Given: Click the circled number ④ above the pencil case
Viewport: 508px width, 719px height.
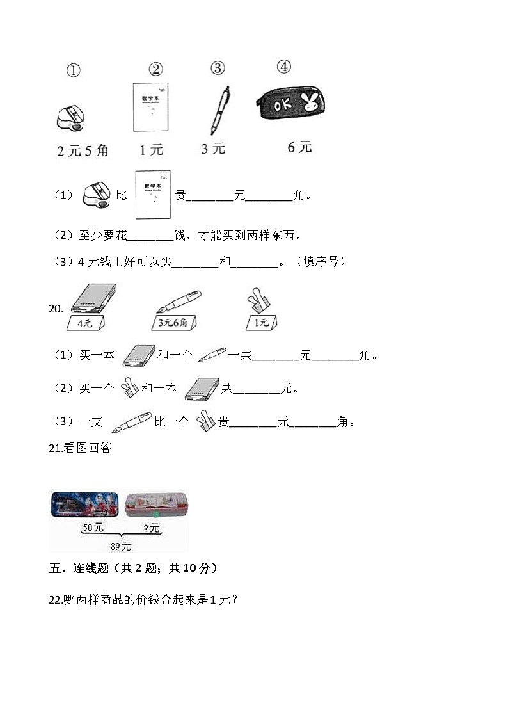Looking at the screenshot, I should pos(283,67).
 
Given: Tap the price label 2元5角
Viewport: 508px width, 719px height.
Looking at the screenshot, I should pos(83,151).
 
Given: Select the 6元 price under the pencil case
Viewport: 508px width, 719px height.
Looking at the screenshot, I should pos(299,147).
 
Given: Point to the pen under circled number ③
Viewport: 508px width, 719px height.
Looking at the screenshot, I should pos(220,110).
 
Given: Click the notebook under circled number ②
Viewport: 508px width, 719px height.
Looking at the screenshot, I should pos(150,107).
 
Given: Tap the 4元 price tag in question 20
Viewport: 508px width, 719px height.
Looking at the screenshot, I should pos(84,323).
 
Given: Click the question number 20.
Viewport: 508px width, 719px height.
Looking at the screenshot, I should pos(56,309).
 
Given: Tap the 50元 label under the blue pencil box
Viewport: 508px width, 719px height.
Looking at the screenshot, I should pos(93,528).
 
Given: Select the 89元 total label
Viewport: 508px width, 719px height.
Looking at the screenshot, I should pos(121,546).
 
